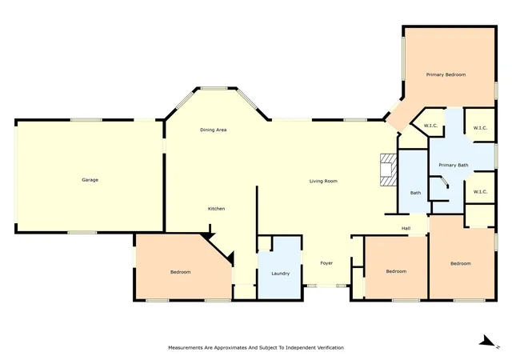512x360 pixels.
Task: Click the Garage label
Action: pyautogui.click(x=90, y=180)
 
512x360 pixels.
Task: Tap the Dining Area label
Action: pyautogui.click(x=214, y=130)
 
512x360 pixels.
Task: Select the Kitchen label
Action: pyautogui.click(x=216, y=209)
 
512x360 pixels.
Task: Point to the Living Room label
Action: pyautogui.click(x=323, y=181)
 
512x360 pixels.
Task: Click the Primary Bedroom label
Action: pyautogui.click(x=446, y=75)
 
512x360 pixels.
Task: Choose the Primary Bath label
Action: pyautogui.click(x=454, y=165)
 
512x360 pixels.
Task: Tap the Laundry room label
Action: pyautogui.click(x=281, y=274)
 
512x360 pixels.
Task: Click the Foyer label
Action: pyautogui.click(x=326, y=263)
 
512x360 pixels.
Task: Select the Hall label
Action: pyautogui.click(x=406, y=228)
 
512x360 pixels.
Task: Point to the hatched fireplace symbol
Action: pyautogui.click(x=389, y=170)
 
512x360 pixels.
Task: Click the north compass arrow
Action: pyautogui.click(x=488, y=341)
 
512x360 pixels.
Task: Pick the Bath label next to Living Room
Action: pyautogui.click(x=415, y=193)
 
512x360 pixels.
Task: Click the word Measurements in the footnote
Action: pyautogui.click(x=186, y=347)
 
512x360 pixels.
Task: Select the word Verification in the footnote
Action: pyautogui.click(x=330, y=347)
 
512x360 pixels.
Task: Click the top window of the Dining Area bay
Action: pyautogui.click(x=214, y=88)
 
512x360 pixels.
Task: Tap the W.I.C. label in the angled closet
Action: pyautogui.click(x=430, y=126)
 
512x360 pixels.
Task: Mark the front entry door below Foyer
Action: pyautogui.click(x=327, y=286)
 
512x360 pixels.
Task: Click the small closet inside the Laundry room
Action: pyautogui.click(x=265, y=243)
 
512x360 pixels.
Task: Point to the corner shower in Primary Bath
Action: pyautogui.click(x=439, y=188)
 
